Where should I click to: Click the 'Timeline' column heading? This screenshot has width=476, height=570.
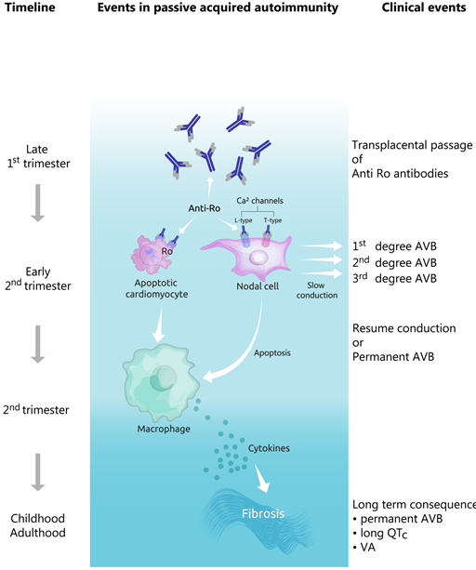tap(30, 7)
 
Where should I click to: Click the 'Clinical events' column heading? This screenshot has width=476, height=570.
tap(424, 7)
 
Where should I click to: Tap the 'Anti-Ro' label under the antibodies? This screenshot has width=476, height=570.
tap(205, 208)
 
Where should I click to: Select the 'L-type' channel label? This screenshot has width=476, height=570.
tap(244, 220)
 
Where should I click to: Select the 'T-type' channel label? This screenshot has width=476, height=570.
tap(272, 220)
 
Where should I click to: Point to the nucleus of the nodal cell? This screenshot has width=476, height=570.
tap(258, 258)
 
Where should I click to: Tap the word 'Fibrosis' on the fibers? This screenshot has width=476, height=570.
tap(263, 513)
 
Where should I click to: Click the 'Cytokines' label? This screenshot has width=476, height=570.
tap(269, 448)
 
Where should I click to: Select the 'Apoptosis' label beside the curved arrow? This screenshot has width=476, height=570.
tap(272, 353)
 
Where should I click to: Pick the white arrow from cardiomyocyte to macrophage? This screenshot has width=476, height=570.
tap(159, 325)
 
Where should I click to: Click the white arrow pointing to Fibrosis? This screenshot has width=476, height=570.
tap(262, 478)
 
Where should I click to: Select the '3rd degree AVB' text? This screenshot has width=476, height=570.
tap(394, 278)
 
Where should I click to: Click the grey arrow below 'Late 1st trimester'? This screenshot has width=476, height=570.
tap(38, 203)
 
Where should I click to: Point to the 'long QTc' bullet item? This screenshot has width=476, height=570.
tap(380, 534)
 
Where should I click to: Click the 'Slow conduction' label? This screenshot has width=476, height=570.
tap(316, 290)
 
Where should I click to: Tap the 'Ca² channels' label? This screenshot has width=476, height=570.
tap(259, 201)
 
